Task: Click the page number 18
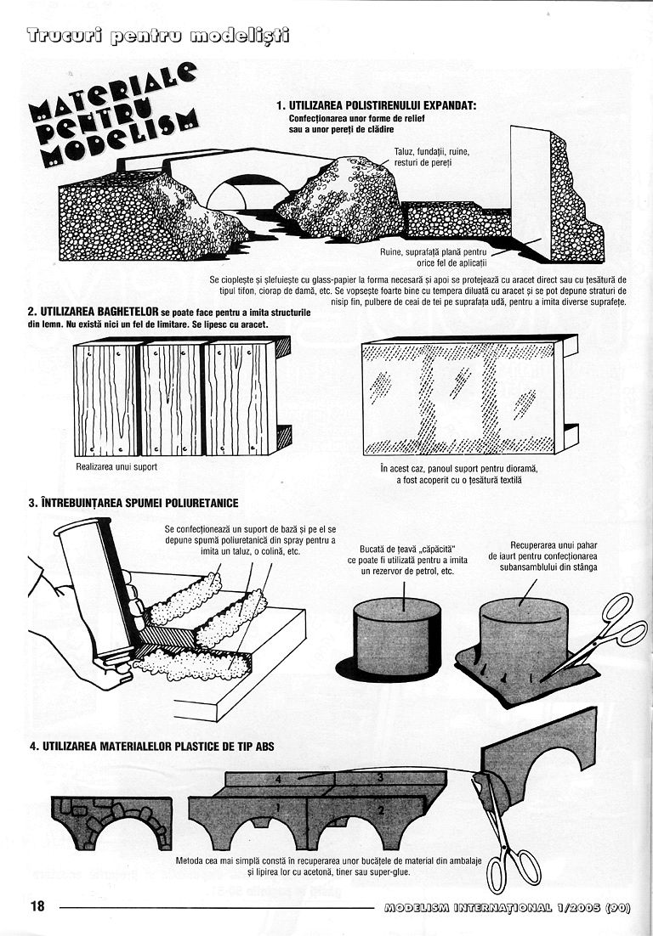pos(37,905)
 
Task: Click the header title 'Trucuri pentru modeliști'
pos(158,37)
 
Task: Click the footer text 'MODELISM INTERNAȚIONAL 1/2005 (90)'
pos(508,906)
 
